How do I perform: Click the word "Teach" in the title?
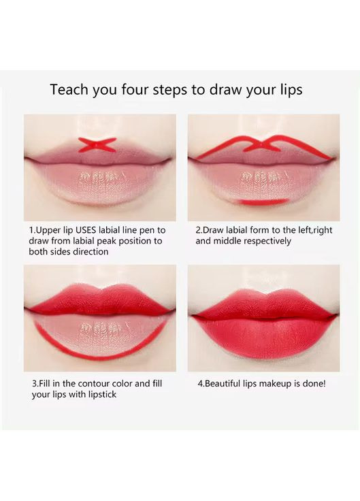69,89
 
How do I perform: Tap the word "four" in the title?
135,89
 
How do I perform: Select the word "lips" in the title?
290,90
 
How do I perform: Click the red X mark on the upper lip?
97,145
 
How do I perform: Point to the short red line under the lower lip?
264,201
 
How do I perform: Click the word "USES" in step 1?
86,230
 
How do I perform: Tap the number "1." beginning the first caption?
32,230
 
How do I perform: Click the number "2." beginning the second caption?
199,230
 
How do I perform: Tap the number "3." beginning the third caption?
35,383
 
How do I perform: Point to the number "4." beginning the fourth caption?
201,383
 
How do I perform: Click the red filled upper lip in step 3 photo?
99,299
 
